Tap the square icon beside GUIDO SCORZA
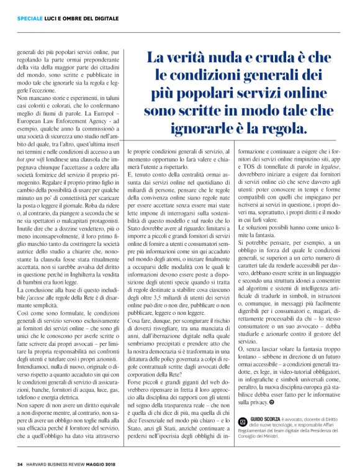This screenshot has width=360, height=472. [243, 421]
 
